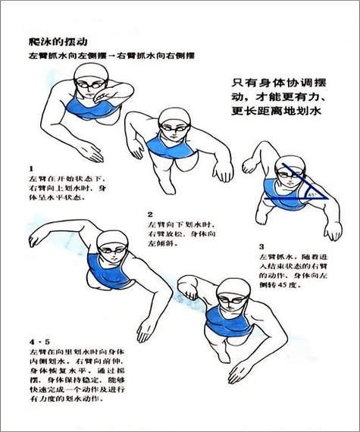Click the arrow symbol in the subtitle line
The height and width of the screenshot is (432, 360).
click(x=116, y=57)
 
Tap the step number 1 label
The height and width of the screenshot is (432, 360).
click(x=30, y=167)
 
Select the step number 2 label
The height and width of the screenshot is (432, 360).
click(x=150, y=214)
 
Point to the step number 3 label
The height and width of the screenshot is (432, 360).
click(x=261, y=247)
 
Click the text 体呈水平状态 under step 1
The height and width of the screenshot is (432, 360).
click(x=56, y=197)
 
